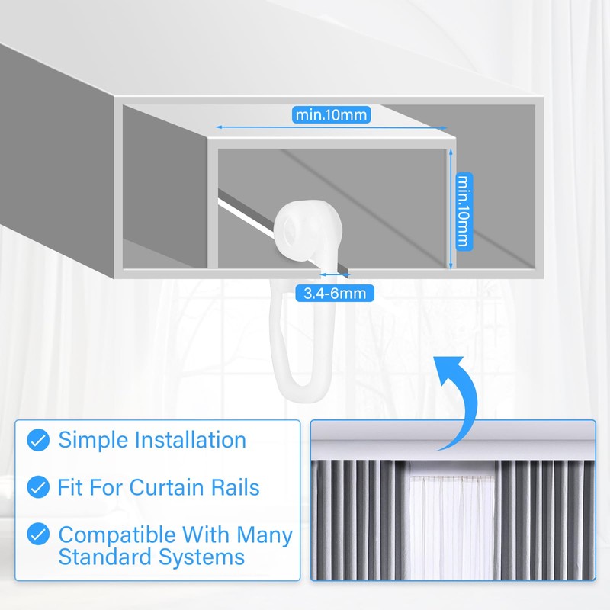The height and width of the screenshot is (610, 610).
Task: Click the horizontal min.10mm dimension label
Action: (x=331, y=115)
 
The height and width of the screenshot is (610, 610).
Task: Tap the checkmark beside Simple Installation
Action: (x=38, y=440)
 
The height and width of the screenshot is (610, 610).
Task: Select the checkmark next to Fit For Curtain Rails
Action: (x=38, y=486)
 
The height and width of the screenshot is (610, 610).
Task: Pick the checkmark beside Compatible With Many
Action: (x=38, y=534)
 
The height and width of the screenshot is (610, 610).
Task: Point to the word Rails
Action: (x=234, y=487)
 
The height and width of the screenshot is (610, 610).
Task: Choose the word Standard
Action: (x=105, y=557)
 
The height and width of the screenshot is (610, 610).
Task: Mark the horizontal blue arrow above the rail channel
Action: (x=331, y=127)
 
